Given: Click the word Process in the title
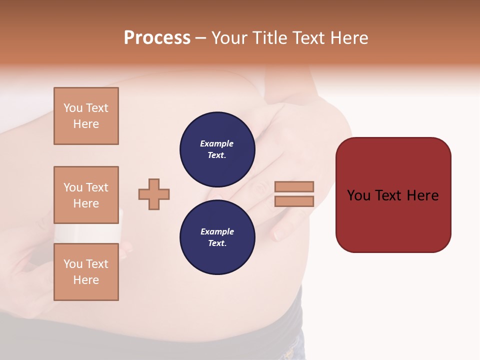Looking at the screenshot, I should pos(157,38).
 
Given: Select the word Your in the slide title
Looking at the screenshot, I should pos(229,38).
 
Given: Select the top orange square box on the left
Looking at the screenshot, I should pos(86,116).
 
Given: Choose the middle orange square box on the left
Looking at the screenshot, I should pos(86,195).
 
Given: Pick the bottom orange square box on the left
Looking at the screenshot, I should pos(86,272).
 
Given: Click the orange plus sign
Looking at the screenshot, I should pos(154,194).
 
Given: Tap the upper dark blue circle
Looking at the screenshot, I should pos(217,149).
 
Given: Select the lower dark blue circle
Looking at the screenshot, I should pos(217,237).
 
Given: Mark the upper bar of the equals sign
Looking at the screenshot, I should pos(294,187).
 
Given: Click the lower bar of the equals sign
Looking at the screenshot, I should pos(294,201).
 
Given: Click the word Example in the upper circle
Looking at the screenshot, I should pos(217,143).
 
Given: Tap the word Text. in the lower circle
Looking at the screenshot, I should pos(217,243).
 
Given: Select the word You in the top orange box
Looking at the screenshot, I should pos(72,108).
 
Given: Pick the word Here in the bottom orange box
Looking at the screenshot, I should pos(86,280).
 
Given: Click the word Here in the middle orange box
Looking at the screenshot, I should pos(86,203).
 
